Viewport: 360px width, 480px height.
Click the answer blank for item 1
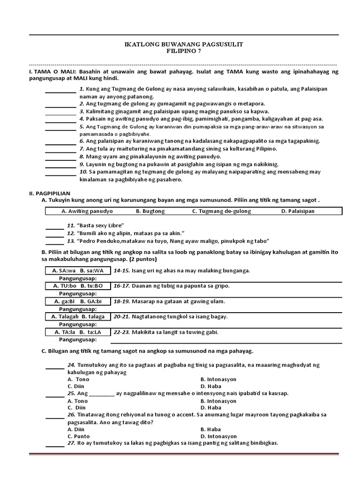(x=60, y=91)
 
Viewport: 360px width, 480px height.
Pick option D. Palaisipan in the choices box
(x=298, y=211)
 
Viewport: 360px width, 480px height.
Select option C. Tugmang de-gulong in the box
(x=221, y=211)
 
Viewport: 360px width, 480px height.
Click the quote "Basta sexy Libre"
(x=97, y=225)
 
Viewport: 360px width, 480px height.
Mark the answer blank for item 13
(x=55, y=243)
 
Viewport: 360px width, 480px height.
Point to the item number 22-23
(x=121, y=332)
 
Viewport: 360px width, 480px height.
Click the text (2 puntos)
(x=141, y=259)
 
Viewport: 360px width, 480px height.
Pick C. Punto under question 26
(x=78, y=436)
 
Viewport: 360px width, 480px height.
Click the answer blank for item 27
(x=55, y=445)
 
